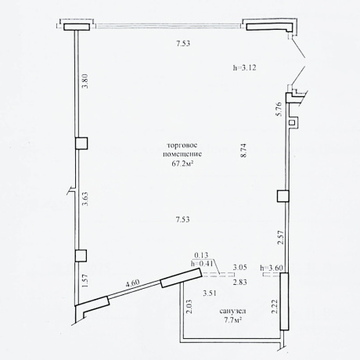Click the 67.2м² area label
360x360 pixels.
click(x=182, y=164)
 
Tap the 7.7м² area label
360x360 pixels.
click(x=232, y=319)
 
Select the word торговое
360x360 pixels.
click(x=182, y=146)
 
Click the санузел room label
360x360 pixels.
click(x=232, y=311)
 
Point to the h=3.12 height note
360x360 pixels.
click(x=244, y=68)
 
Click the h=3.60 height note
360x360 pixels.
click(x=272, y=268)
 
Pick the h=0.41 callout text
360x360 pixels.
click(x=203, y=264)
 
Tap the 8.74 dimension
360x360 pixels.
click(x=243, y=150)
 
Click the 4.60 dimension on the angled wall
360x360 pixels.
click(x=132, y=283)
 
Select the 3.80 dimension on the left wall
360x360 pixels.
click(x=85, y=81)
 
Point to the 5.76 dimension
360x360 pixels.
click(x=279, y=109)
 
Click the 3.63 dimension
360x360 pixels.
click(x=85, y=199)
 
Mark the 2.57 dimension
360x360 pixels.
click(x=281, y=237)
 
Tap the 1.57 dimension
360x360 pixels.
click(x=85, y=281)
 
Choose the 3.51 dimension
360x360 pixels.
click(x=210, y=293)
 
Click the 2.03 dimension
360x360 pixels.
click(x=190, y=306)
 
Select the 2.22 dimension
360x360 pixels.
click(x=274, y=307)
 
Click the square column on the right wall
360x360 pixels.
click(x=283, y=196)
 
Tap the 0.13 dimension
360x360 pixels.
click(x=201, y=255)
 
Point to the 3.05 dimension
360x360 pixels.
click(x=240, y=268)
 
